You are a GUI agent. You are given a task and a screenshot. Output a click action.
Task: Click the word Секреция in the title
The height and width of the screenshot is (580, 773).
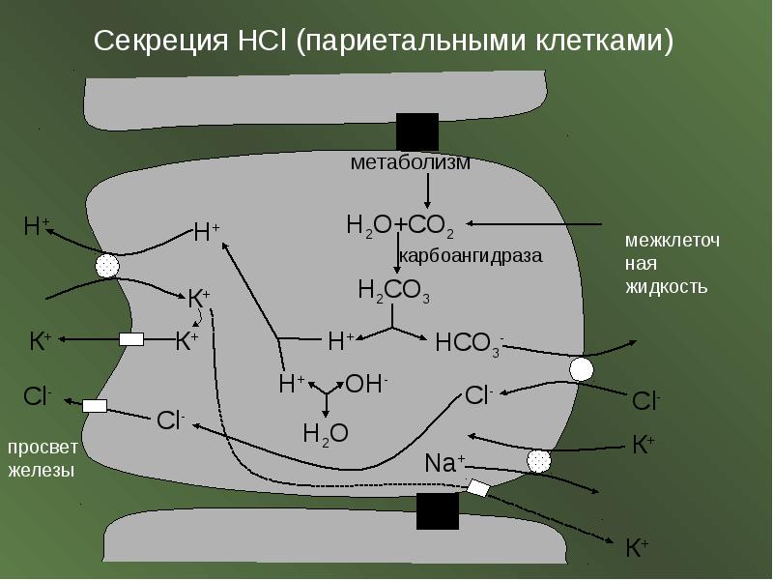tap(160, 41)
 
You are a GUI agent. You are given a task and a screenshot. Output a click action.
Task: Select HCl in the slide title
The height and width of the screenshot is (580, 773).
tap(262, 40)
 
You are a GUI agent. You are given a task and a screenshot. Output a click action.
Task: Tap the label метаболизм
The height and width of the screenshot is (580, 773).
tap(410, 162)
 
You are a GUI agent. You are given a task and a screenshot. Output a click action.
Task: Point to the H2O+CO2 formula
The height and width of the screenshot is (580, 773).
tap(400, 226)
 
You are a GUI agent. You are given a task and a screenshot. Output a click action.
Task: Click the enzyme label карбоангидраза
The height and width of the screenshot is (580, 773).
tap(471, 256)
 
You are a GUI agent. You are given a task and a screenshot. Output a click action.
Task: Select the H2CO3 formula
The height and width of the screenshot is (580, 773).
tap(394, 291)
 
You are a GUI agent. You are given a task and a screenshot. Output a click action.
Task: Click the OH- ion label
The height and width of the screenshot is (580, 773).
tap(366, 383)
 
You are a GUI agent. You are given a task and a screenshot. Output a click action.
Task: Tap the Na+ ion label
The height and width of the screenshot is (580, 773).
tap(444, 463)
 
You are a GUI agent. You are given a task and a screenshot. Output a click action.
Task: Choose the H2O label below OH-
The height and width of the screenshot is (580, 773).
tap(326, 434)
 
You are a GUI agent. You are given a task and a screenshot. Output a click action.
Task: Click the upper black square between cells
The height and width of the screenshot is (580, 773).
tap(417, 132)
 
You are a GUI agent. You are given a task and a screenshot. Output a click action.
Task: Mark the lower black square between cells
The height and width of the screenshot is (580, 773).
tap(438, 511)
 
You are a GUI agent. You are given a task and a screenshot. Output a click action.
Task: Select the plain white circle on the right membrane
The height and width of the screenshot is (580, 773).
tap(582, 369)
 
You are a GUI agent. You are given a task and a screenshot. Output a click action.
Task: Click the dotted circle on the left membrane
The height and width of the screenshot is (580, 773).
tap(107, 267)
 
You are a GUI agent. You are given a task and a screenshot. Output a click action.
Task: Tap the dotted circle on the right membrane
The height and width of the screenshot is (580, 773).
tap(539, 462)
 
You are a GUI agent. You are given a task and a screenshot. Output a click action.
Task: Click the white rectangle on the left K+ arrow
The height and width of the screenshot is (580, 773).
tap(131, 339)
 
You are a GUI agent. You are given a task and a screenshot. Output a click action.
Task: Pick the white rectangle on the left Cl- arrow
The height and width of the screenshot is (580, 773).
tap(95, 406)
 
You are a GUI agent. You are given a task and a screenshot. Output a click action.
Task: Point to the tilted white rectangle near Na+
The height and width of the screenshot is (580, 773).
tap(478, 488)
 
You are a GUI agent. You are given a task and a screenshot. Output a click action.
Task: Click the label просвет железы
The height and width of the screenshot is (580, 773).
tap(43, 458)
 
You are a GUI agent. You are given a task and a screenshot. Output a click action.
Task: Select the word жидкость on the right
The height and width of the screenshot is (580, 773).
tap(667, 287)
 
